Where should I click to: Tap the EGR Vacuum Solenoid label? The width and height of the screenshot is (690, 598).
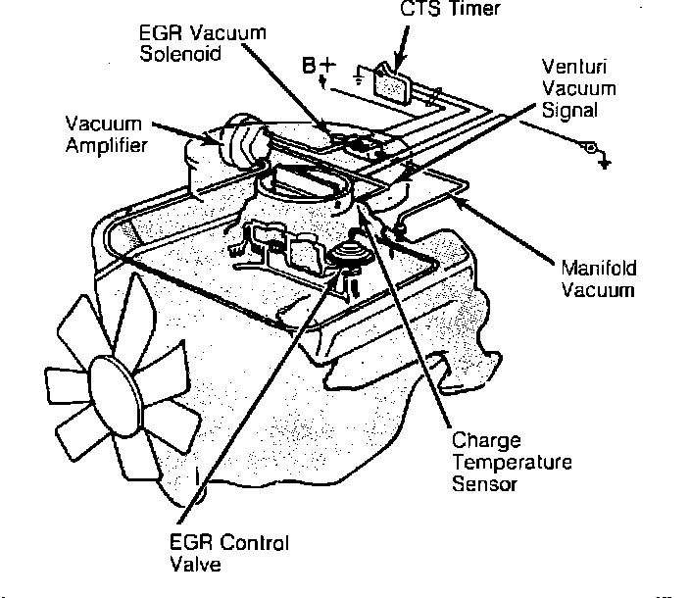point(202,41)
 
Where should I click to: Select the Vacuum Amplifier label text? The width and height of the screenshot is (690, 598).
point(106,135)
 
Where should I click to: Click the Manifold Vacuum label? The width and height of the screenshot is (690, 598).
point(598,278)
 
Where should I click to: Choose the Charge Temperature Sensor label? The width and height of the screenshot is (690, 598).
point(510,462)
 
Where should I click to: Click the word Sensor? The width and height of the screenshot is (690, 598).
point(484,484)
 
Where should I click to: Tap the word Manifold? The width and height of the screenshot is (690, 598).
point(598,267)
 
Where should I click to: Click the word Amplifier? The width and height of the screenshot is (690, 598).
point(106,146)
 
